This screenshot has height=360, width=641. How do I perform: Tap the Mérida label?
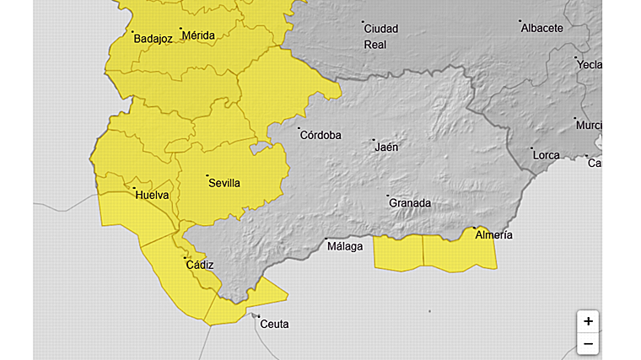pos(198,35)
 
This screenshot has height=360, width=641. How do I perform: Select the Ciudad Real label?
pos(380,36)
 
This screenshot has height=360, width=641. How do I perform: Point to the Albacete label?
pos(542,28)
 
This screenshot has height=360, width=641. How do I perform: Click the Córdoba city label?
pos(321,135)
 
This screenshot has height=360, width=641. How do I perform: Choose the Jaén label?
pos(386,147)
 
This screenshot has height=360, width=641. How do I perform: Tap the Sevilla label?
pos(224,183)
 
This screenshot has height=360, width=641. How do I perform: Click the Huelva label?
pos(153,196)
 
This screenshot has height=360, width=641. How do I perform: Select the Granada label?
pos(410,203)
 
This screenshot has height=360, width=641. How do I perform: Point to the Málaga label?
pos(345,246)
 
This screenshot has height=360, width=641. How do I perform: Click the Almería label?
pos(494,235)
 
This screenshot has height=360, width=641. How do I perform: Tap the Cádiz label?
pos(200,265)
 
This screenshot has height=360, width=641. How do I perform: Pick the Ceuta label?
pos(274,324)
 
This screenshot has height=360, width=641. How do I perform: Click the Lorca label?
pos(546,156)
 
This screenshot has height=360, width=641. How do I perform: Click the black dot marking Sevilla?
pos(207,175)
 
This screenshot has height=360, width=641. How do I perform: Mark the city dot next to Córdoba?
pos(299,129)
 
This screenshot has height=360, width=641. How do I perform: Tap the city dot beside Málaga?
pos(326,239)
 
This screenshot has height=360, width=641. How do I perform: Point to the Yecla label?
pos(589,64)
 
